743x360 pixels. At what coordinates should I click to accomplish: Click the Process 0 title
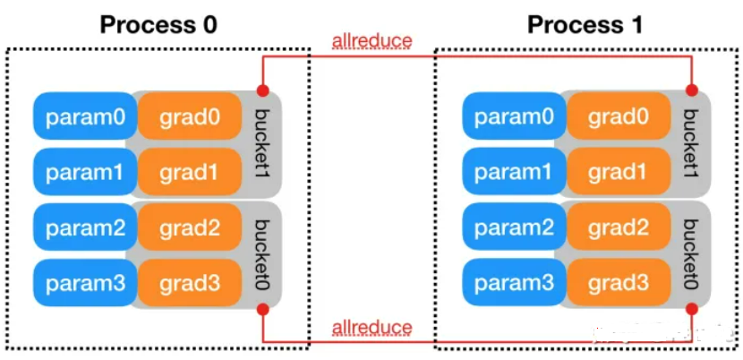click(x=158, y=24)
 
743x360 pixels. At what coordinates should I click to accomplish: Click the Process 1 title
click(x=585, y=24)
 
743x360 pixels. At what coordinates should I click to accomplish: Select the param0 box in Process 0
click(x=85, y=116)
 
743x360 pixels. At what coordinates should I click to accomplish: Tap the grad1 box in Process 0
click(x=190, y=172)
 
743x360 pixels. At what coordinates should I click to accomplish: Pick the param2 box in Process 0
click(x=85, y=227)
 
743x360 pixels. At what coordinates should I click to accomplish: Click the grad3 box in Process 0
click(x=190, y=283)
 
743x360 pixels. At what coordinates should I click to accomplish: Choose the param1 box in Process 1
click(x=514, y=172)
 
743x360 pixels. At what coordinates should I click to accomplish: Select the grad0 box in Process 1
click(x=619, y=116)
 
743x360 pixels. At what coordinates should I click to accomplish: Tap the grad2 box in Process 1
click(x=619, y=227)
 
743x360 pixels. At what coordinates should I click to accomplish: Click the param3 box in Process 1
click(x=514, y=283)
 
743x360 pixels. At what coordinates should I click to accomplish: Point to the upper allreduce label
click(x=372, y=41)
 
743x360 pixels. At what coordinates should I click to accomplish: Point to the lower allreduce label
click(x=372, y=327)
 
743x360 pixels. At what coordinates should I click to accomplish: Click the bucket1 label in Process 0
click(x=262, y=143)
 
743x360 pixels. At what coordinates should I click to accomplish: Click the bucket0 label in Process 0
click(x=262, y=254)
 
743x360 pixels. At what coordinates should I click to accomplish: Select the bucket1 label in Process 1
click(x=691, y=143)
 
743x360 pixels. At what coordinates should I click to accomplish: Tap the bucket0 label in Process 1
click(x=691, y=254)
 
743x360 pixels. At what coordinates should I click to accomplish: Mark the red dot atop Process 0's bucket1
click(x=263, y=90)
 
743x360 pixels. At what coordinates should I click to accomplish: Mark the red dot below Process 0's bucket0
click(x=263, y=310)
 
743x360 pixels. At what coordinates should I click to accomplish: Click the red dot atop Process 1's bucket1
click(x=692, y=90)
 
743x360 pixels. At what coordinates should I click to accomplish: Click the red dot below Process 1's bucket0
click(x=692, y=310)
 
